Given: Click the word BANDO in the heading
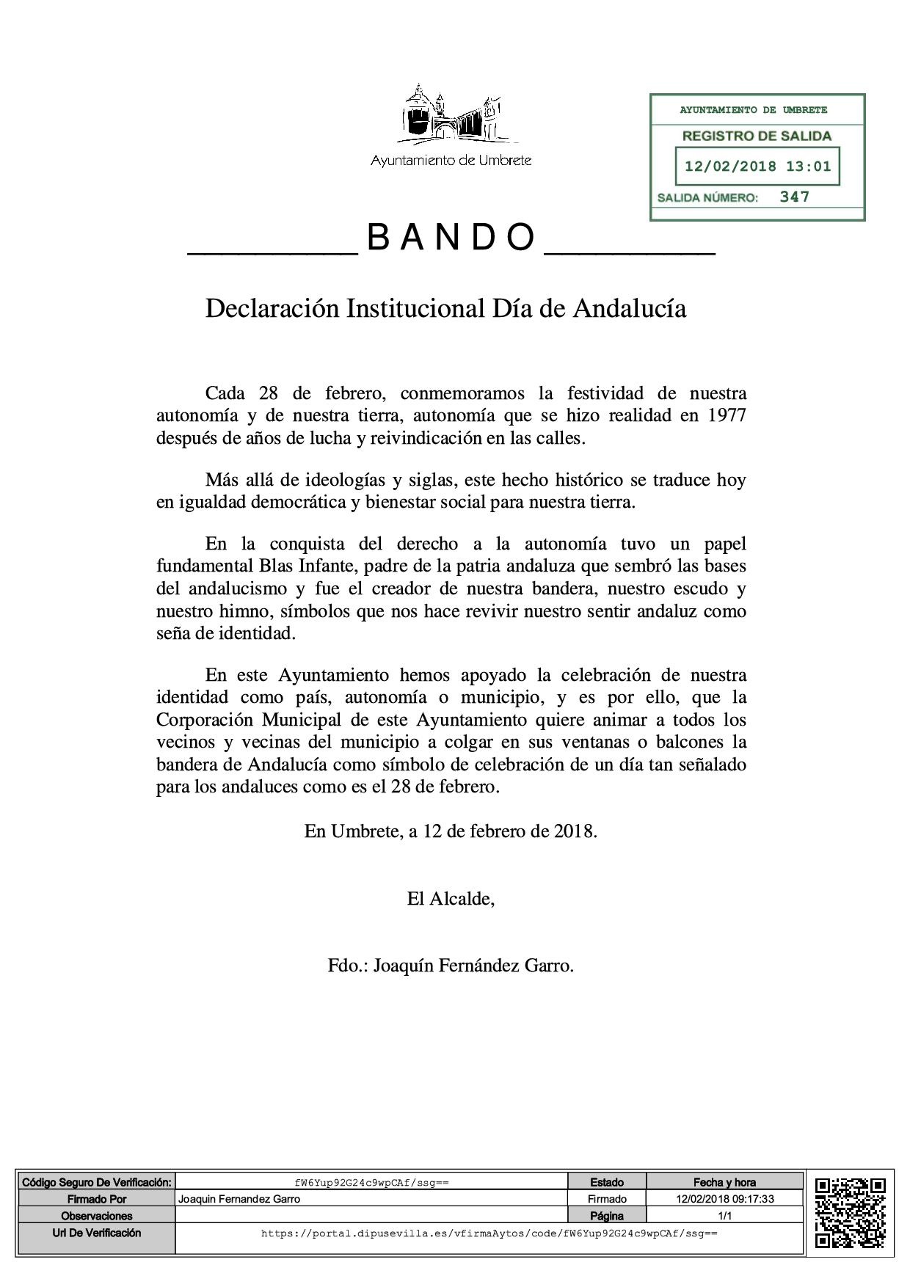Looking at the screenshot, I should tap(451, 237).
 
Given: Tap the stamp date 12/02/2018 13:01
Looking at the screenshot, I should tap(757, 167).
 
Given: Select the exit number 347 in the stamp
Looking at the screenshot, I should tap(794, 197).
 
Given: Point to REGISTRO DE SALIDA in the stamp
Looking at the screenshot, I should tap(757, 136).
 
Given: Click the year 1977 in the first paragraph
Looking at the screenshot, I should tap(727, 416).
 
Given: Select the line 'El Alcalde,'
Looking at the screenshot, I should tap(451, 899).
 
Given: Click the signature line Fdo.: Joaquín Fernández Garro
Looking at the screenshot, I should tap(451, 966).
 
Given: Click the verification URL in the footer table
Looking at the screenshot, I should tap(489, 1233).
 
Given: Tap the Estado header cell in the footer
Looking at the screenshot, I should tap(607, 1182).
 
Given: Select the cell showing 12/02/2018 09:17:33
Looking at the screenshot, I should tap(725, 1199).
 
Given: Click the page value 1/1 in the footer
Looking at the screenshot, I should tap(725, 1216).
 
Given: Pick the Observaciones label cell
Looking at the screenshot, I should tap(96, 1216).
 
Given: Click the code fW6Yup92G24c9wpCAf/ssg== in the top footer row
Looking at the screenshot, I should tap(371, 1183).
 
